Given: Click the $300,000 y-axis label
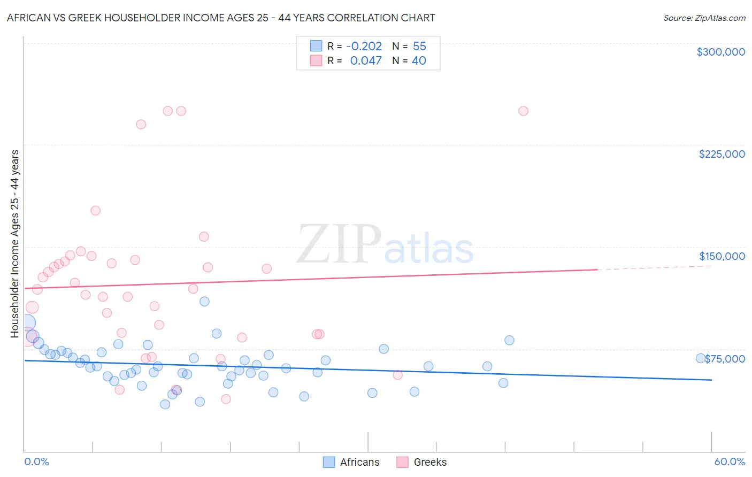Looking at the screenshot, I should coord(720,52).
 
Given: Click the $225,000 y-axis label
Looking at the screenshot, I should coord(722,154).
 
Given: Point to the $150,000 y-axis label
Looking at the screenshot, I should coord(722,256).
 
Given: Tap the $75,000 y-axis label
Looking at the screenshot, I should coord(725,359).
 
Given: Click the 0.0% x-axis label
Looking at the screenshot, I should coord(37,461).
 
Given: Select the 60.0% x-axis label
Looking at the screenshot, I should coord(730,461).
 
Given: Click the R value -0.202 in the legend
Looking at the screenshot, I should coord(364,47).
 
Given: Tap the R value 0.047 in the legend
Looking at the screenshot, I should coord(366,61).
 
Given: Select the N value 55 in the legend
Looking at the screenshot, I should coord(419,47).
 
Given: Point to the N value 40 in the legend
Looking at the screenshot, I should coord(419,61).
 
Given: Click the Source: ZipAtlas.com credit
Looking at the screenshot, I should coord(704,18).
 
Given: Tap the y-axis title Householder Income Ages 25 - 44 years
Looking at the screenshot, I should coord(14,243).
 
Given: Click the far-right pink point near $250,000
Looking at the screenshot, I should coord(523,111).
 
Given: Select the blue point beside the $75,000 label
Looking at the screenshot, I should coord(700,358).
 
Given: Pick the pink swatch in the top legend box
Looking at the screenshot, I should coord(316,60).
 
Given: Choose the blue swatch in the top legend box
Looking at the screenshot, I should coord(316,46).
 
